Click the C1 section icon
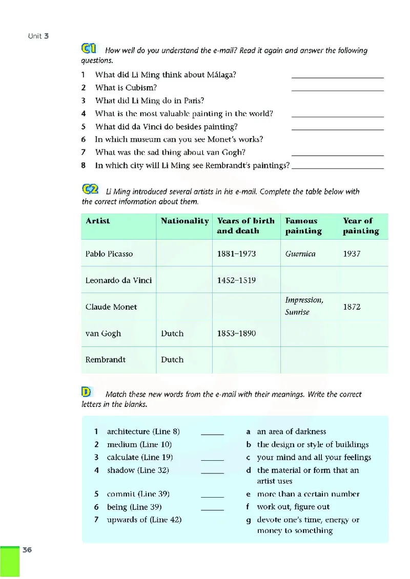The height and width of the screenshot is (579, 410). point(89,49)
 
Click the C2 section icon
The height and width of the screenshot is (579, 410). point(90,189)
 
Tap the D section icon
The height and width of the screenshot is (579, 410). point(86,392)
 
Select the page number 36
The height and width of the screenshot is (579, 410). point(27,550)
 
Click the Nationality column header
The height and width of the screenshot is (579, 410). point(184,221)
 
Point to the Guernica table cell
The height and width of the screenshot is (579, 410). point(300,254)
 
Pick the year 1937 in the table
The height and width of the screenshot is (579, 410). point(352,254)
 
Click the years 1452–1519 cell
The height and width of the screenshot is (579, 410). point(236,281)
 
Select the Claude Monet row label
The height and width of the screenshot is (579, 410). point(111,307)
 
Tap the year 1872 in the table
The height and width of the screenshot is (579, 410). point(352,307)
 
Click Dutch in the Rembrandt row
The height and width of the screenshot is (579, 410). point(172,360)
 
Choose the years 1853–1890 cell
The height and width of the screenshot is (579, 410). point(236,334)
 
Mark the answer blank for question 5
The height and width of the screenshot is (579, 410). point(337,130)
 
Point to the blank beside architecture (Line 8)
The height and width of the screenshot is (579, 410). point(212,433)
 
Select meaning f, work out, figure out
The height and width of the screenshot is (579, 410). point(293,507)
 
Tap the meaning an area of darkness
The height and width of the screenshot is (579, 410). point(291,432)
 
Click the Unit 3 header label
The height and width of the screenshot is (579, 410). point(38,36)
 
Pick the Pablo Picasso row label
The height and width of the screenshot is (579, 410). point(109,254)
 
